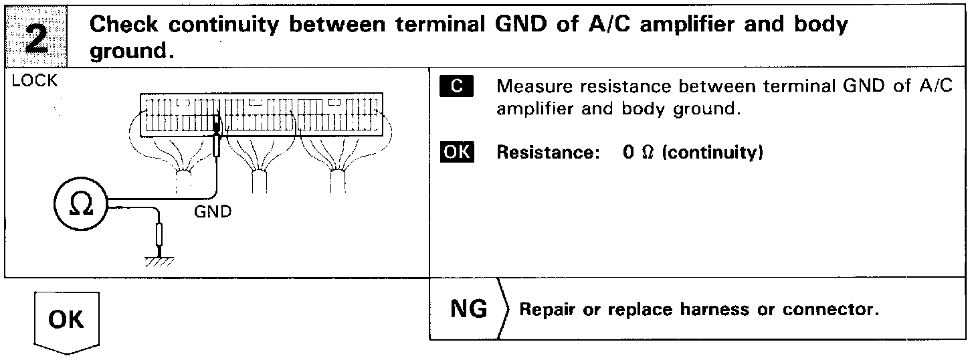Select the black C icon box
pyautogui.click(x=456, y=88)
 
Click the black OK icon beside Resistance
pyautogui.click(x=456, y=153)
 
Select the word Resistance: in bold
pyautogui.click(x=545, y=153)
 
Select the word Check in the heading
pyautogui.click(x=124, y=25)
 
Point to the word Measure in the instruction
pyautogui.click(x=530, y=88)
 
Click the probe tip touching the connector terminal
pyautogui.click(x=215, y=126)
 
